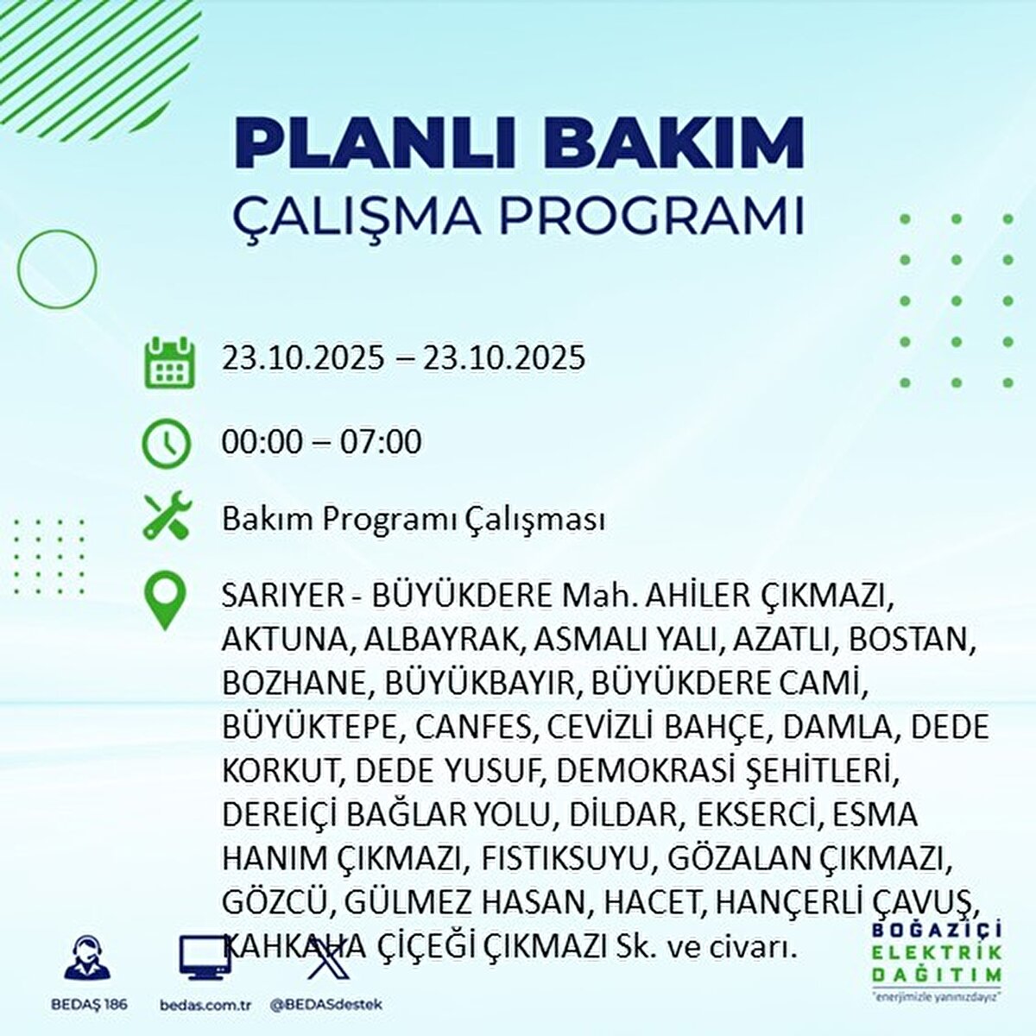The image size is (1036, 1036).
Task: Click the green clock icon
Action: pos(166,443)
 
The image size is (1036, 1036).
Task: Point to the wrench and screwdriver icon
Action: pos(166,516)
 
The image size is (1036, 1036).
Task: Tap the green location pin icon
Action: pos(165,601)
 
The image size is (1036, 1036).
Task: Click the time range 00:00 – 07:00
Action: pos(321,442)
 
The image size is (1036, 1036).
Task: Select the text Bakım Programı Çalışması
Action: pos(413,520)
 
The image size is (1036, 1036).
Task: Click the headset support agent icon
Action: pos(87,957)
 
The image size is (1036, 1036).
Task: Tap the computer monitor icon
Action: pos(205,957)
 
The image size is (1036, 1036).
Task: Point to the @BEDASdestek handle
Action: pos(325,1005)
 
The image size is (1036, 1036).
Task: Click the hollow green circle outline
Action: pos(57,268)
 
